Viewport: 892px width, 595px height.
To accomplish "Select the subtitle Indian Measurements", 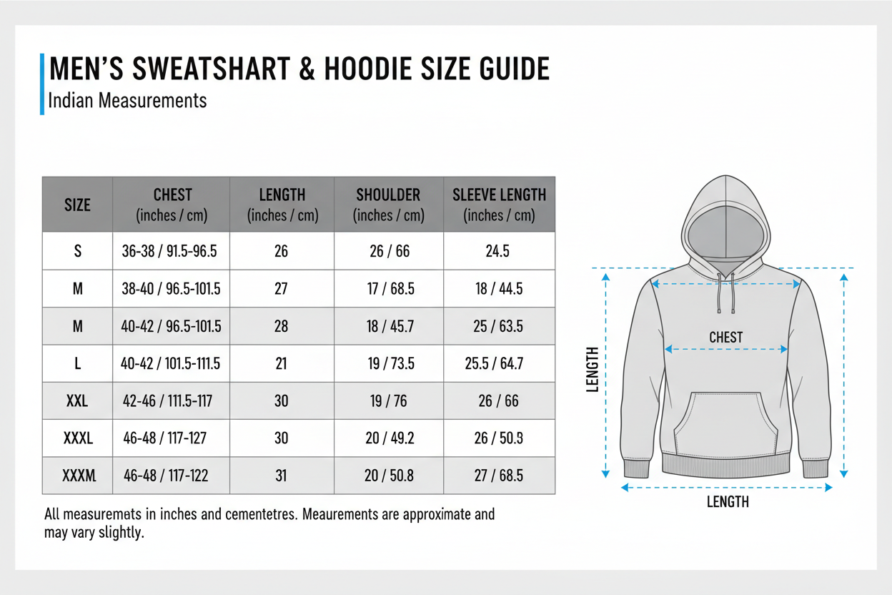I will click(127, 100).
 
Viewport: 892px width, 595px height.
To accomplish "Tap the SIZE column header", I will click(77, 205).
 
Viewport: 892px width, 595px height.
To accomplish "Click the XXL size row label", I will click(77, 400).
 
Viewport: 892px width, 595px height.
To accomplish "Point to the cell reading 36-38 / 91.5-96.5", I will click(170, 252).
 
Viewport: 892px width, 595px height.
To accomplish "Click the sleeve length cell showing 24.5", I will click(499, 252).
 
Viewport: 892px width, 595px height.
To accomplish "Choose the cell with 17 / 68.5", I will click(390, 289).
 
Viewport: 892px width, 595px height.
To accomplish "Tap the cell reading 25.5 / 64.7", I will click(494, 363).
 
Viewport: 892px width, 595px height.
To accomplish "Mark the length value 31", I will click(281, 475).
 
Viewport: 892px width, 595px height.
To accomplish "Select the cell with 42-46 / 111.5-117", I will click(167, 400).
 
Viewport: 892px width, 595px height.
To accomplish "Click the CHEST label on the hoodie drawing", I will click(725, 337).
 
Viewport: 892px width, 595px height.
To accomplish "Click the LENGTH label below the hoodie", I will click(728, 502).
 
